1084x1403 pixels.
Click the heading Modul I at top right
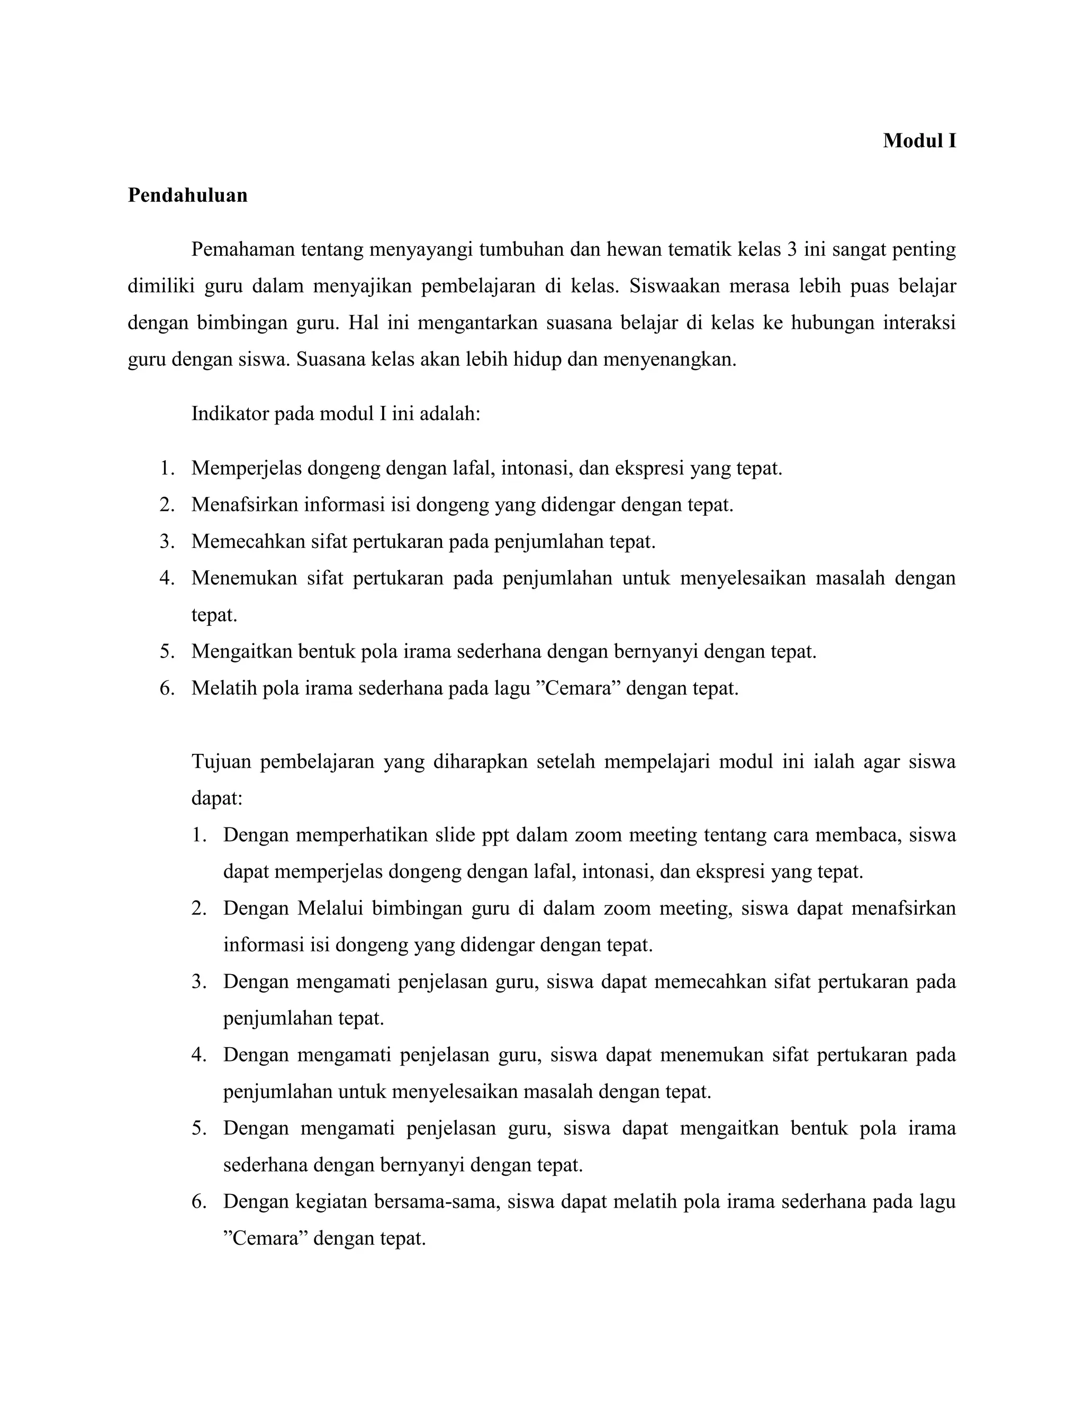coord(919,141)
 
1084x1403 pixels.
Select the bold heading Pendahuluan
coord(187,195)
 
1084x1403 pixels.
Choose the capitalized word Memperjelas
coord(246,469)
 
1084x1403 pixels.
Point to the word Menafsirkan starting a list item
coord(245,505)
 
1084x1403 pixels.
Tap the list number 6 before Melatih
coord(166,688)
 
